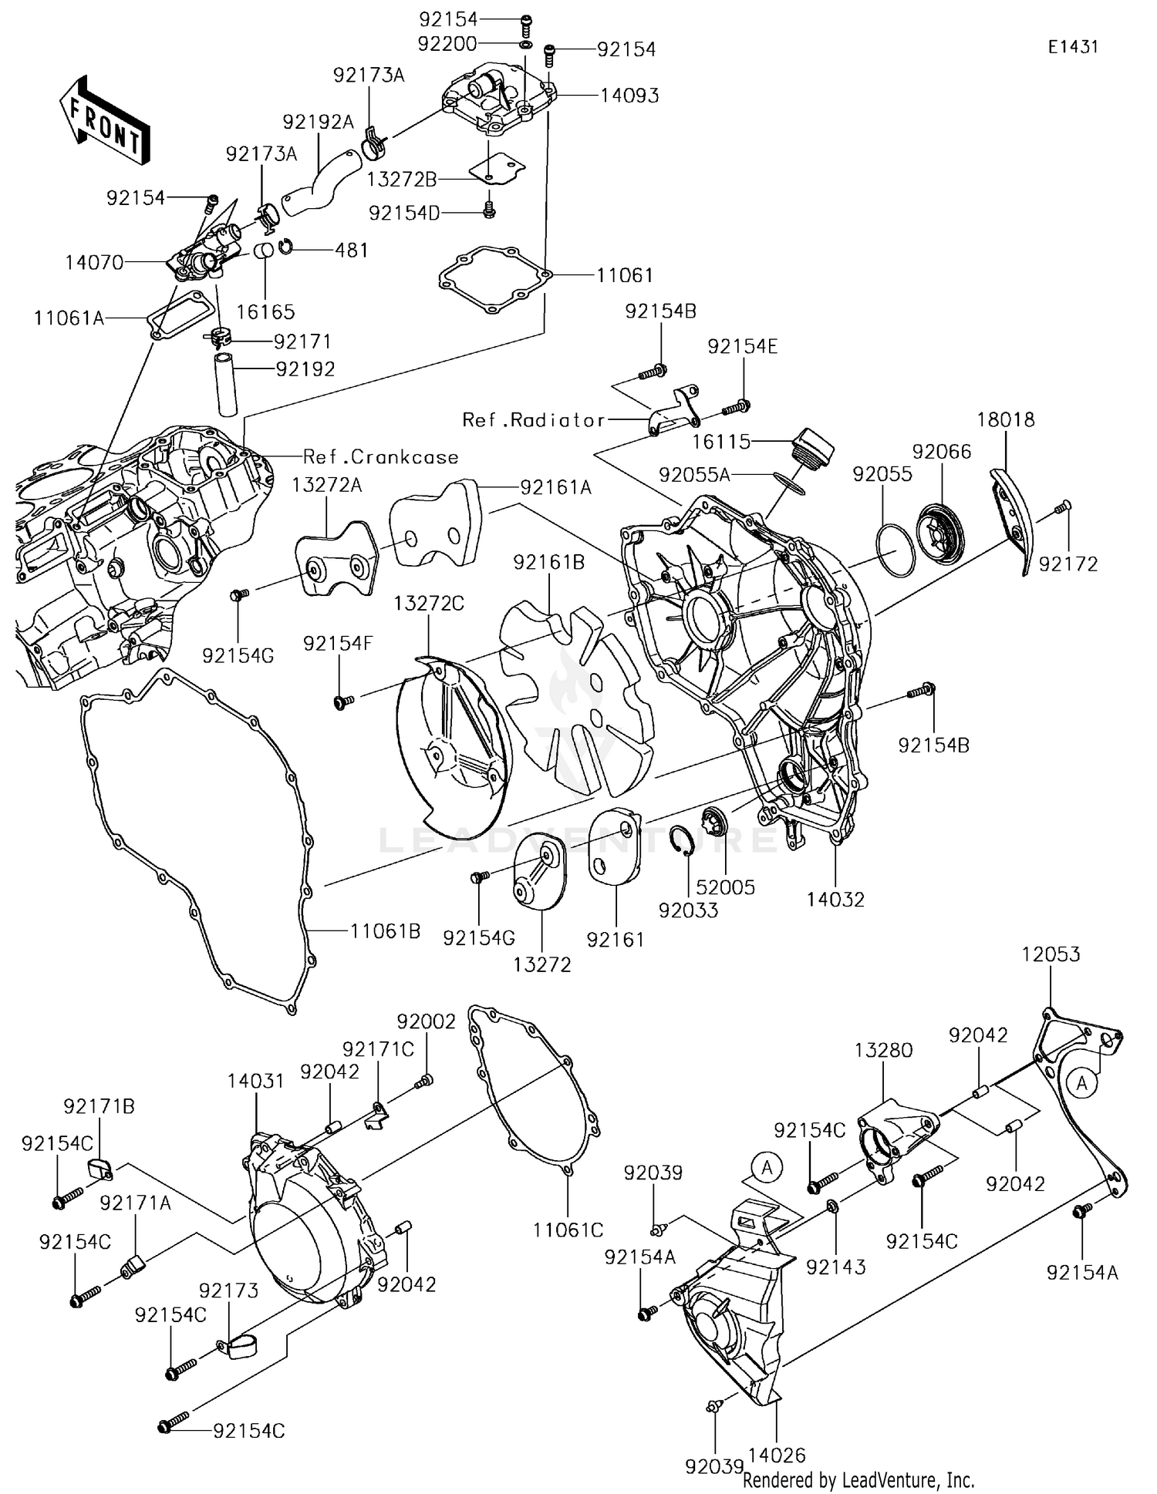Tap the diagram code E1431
click(x=1072, y=47)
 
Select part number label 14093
click(x=629, y=96)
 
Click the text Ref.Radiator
click(x=534, y=420)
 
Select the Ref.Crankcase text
click(x=381, y=457)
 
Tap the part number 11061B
click(x=385, y=931)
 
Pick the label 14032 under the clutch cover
click(x=835, y=899)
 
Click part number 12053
click(x=1051, y=954)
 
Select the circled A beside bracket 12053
click(x=1082, y=1084)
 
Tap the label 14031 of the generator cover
click(x=255, y=1081)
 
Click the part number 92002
click(x=427, y=1021)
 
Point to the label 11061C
click(x=568, y=1230)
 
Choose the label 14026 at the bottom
click(x=777, y=1455)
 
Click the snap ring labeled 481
click(x=285, y=247)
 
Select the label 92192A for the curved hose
click(x=318, y=122)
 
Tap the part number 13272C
click(x=429, y=604)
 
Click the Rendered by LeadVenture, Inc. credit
click(x=858, y=1480)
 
